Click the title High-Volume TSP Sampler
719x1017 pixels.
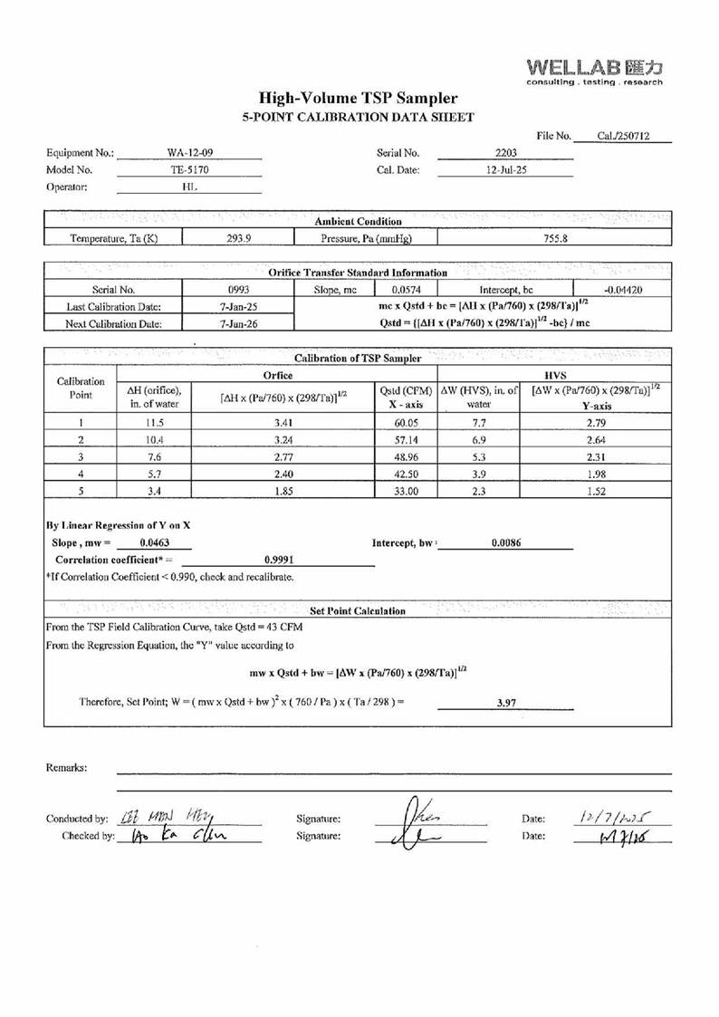[358, 99]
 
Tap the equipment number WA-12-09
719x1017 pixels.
[189, 153]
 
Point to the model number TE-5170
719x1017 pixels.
[189, 169]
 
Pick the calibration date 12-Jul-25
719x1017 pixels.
[505, 169]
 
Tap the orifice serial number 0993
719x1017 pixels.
[239, 290]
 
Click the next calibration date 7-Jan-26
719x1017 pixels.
[239, 323]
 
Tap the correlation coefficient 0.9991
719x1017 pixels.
[275, 560]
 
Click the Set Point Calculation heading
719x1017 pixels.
[358, 611]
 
